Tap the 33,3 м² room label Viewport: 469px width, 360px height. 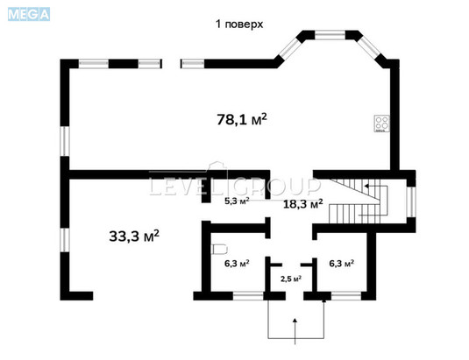tap(133, 236)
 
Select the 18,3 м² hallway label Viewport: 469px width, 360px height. tap(302, 202)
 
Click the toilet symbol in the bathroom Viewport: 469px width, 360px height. tap(220, 246)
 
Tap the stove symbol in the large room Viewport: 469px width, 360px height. tap(381, 124)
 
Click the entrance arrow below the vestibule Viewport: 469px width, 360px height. tap(295, 324)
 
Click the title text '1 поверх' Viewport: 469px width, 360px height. tap(239, 25)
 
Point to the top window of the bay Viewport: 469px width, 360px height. tap(332, 36)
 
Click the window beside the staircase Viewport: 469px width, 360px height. tap(410, 199)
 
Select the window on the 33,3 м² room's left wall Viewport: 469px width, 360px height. tap(63, 243)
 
